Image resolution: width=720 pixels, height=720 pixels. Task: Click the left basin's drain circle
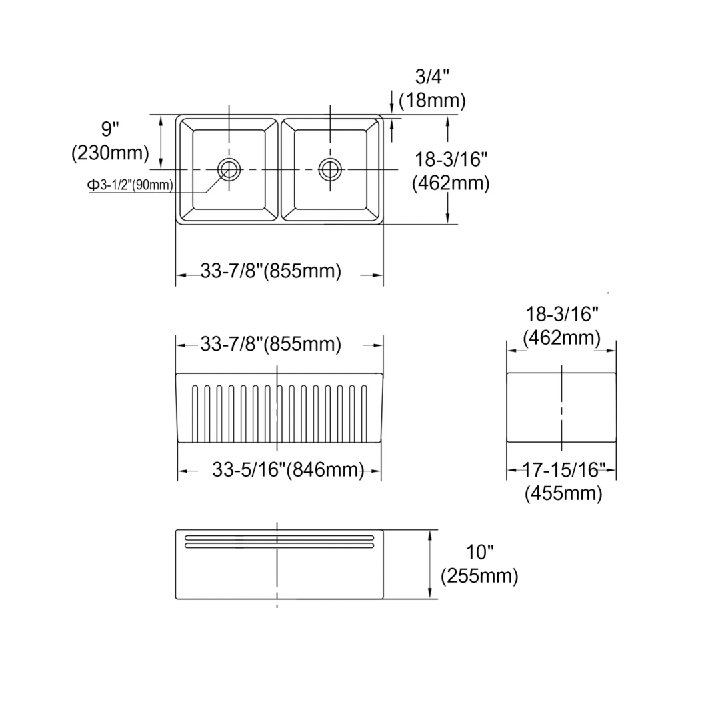pos(229,169)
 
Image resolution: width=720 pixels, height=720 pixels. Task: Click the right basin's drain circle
pos(329,169)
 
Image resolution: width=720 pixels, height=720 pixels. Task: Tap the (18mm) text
pos(432,101)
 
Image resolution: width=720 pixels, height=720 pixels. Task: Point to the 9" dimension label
pos(110,129)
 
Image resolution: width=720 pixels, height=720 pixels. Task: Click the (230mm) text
pos(110,153)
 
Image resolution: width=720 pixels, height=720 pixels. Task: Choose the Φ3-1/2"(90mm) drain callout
pos(131,185)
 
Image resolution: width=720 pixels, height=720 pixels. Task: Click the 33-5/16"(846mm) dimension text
pos(288,469)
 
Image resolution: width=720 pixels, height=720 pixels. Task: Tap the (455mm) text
pos(563,493)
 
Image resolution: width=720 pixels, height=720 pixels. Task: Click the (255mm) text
pos(479,575)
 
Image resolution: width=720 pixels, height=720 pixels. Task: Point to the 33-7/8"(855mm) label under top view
pos(271,271)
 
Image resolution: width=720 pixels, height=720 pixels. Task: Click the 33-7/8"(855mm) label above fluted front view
pos(271,344)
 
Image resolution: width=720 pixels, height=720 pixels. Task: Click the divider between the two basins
pos(280,169)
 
